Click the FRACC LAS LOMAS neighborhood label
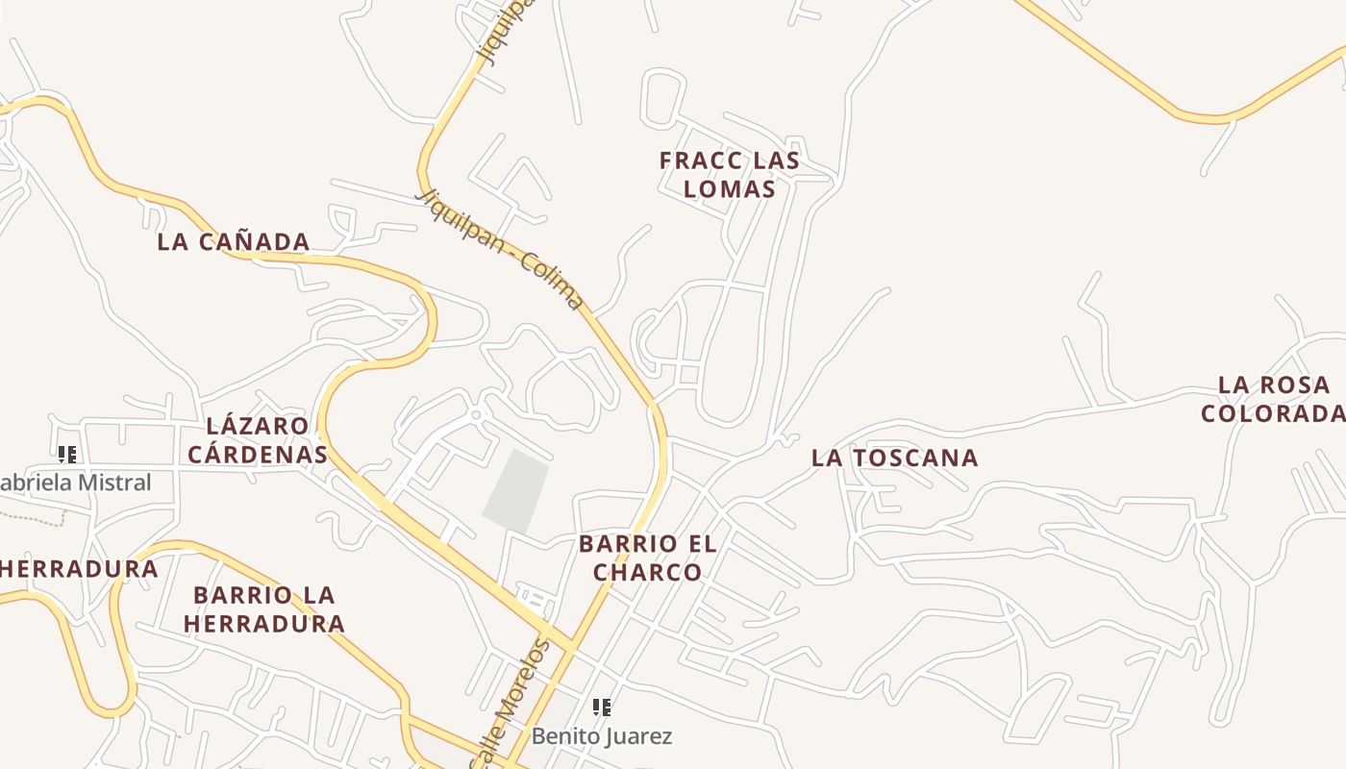729,174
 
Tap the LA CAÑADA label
234,241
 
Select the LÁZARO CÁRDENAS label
257,439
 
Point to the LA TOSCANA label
894,458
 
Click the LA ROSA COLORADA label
1273,399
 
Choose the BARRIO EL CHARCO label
647,558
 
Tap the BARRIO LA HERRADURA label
264,608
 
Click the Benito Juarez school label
602,736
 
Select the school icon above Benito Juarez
602,708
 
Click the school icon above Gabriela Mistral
67,455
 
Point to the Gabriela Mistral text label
77,483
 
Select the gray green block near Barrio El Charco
516,490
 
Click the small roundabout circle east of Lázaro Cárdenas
476,415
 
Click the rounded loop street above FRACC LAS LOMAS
662,97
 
